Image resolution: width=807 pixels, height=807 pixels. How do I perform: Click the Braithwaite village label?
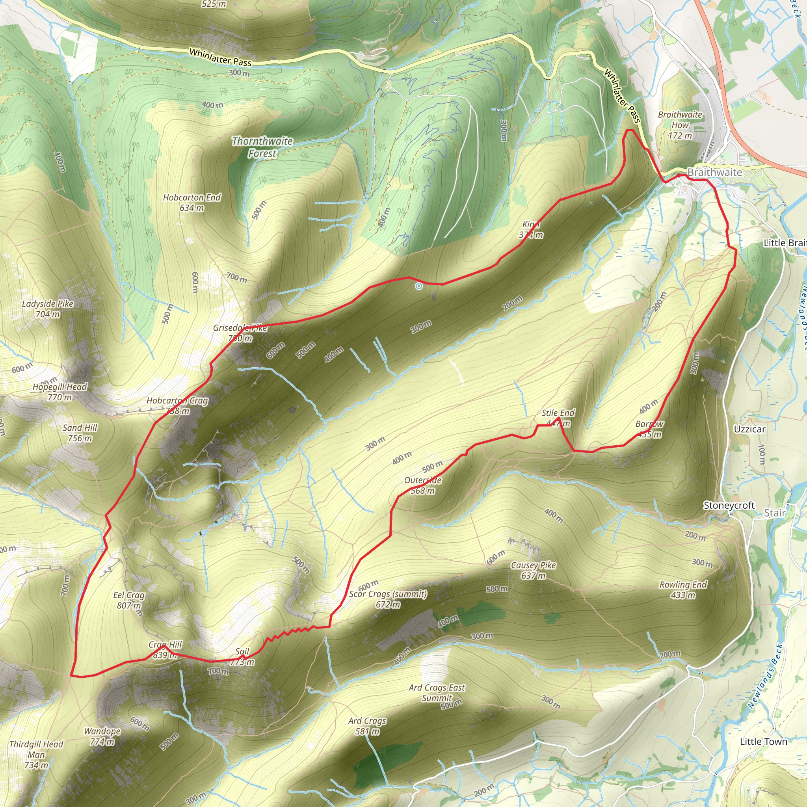[715, 172]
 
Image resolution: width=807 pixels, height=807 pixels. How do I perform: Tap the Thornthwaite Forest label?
[262, 147]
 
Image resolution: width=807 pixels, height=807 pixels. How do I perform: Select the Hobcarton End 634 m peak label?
[192, 203]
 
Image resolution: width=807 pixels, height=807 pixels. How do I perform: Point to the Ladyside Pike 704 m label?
[48, 309]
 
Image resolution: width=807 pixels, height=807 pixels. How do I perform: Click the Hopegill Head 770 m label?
[60, 392]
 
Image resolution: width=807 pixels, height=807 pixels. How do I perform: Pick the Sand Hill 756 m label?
[80, 433]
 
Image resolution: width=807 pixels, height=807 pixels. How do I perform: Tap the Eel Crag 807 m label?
[128, 600]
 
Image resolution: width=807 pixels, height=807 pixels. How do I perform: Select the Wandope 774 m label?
[102, 736]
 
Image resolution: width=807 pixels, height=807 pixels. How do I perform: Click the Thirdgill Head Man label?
[36, 754]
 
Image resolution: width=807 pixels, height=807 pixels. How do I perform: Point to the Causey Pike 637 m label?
[534, 570]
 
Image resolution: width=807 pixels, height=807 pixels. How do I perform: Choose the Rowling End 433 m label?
[683, 589]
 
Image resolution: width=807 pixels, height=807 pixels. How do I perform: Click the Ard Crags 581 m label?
[367, 726]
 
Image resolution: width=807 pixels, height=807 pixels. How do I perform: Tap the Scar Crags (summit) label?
[388, 599]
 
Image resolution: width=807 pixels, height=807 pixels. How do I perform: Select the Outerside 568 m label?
[423, 485]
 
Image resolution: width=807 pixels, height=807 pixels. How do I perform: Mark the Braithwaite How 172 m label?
[680, 125]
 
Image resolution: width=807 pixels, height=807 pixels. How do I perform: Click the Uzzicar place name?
[750, 430]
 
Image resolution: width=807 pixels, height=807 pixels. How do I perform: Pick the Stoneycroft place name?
[729, 506]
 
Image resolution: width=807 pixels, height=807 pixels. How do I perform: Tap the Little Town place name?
[764, 742]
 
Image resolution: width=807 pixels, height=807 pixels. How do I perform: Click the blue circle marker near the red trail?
[418, 286]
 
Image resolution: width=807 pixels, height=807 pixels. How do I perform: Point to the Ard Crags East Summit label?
[437, 693]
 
